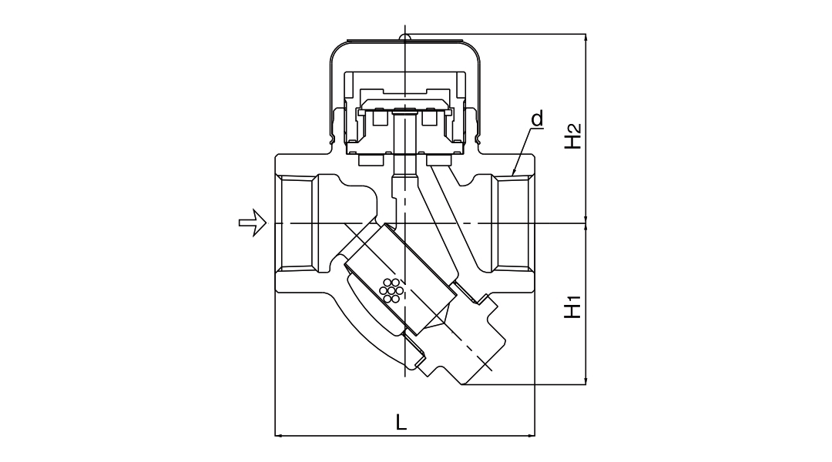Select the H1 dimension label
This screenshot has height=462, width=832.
[x=572, y=306]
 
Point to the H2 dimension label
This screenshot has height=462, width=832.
[x=572, y=136]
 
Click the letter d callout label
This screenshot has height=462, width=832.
[x=537, y=119]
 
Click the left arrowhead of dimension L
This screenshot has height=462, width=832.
[x=280, y=436]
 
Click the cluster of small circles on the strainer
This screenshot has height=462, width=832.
[x=391, y=289]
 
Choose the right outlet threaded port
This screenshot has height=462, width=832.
[x=513, y=223]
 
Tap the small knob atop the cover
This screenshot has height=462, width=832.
[x=404, y=35]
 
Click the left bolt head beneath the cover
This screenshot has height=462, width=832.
[x=369, y=160]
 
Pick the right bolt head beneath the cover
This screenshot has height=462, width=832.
[x=439, y=160]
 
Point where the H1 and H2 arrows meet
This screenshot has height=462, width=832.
[x=587, y=223]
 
